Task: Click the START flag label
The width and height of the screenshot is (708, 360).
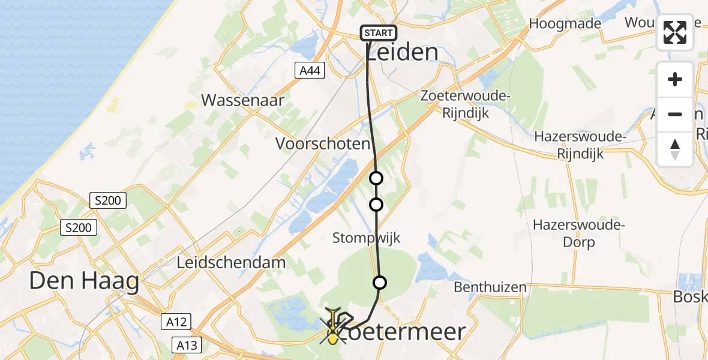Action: click(x=379, y=33)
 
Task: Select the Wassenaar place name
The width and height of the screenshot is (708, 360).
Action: click(x=242, y=100)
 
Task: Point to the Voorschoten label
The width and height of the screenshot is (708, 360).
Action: click(x=323, y=144)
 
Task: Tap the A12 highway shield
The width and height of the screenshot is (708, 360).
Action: click(x=176, y=322)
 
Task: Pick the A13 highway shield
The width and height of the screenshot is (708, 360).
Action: click(x=187, y=345)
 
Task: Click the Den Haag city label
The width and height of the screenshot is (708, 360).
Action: click(x=84, y=281)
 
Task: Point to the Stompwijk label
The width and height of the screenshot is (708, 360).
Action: click(x=366, y=238)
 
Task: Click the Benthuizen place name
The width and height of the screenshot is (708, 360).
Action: click(x=490, y=287)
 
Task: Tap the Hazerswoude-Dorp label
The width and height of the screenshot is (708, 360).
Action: click(x=579, y=234)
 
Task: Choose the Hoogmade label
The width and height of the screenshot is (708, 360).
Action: click(x=565, y=24)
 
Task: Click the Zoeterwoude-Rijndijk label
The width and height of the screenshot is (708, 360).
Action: click(x=465, y=104)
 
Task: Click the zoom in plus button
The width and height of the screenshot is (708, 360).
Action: click(x=675, y=79)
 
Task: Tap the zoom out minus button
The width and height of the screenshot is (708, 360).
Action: click(x=675, y=114)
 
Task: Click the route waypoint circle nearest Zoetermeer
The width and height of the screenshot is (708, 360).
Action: click(x=380, y=283)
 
